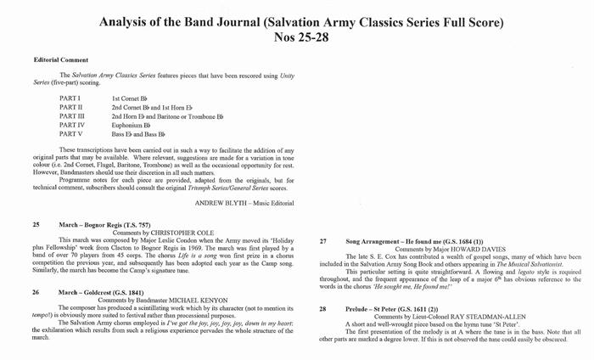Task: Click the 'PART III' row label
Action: coord(72,116)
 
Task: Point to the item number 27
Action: coord(322,241)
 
